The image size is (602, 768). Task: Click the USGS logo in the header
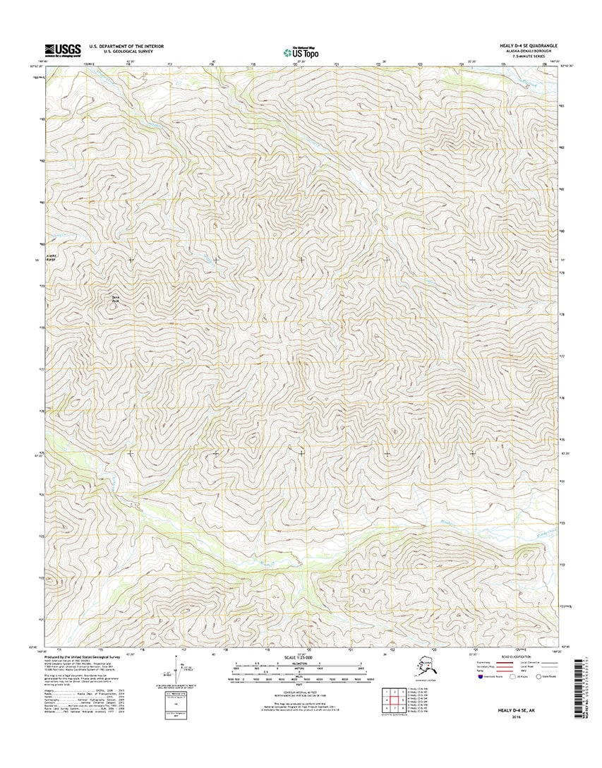62,49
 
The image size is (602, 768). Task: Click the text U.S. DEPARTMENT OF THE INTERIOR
126,46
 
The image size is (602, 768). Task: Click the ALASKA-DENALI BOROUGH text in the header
531,51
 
